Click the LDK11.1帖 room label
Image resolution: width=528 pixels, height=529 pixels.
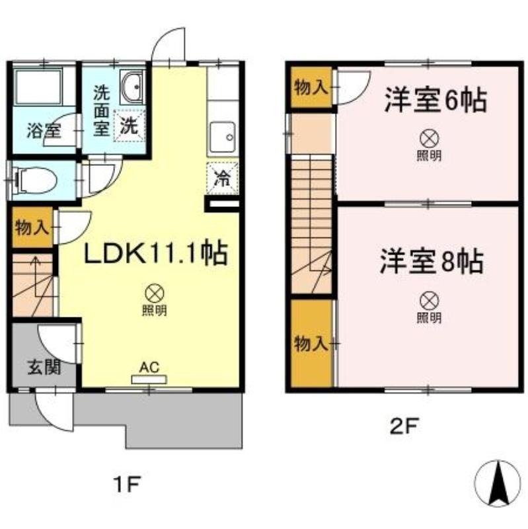pyautogui.click(x=155, y=253)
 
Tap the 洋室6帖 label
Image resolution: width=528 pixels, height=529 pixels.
pyautogui.click(x=436, y=101)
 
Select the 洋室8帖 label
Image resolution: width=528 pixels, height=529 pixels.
pyautogui.click(x=431, y=262)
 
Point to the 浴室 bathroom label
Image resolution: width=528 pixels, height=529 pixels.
pyautogui.click(x=44, y=130)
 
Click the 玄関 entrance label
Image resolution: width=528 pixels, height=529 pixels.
pyautogui.click(x=44, y=367)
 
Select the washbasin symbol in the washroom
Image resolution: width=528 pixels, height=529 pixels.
pyautogui.click(x=134, y=87)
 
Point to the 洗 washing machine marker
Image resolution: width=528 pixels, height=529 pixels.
pyautogui.click(x=130, y=125)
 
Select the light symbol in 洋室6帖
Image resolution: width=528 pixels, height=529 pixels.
pyautogui.click(x=430, y=139)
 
